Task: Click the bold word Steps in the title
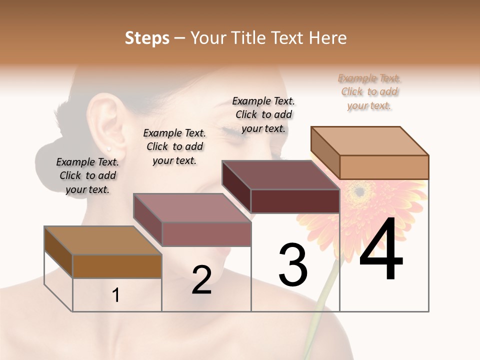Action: [x=147, y=38]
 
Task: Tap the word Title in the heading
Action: [x=248, y=38]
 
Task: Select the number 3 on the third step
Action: [x=292, y=264]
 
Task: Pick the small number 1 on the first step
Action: [x=116, y=295]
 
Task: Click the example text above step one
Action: [x=87, y=175]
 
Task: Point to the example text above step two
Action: [x=174, y=146]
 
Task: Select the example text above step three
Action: [x=263, y=114]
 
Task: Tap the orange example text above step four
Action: [x=369, y=91]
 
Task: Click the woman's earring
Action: [x=109, y=148]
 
